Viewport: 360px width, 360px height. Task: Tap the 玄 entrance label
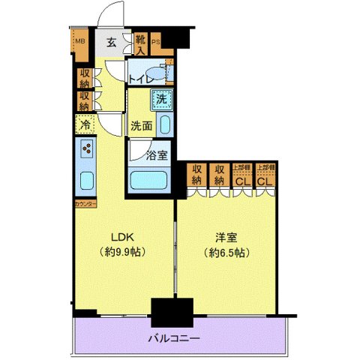point(109,43)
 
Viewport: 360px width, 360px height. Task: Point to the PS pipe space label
point(157,43)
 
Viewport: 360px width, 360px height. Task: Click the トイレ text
point(142,78)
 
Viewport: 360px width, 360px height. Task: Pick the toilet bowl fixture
point(168,73)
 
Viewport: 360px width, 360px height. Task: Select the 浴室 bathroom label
point(157,155)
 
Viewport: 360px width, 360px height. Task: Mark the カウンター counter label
point(84,203)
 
